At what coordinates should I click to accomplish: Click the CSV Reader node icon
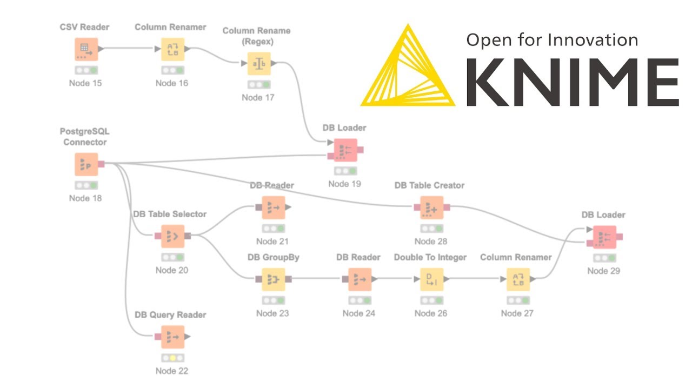(86, 49)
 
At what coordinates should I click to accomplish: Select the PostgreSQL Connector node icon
(86, 164)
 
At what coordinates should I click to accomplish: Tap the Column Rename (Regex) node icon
(259, 64)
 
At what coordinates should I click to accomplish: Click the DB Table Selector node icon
(172, 236)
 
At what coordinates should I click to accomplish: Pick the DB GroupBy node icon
(274, 279)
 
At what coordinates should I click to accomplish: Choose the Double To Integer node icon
(431, 279)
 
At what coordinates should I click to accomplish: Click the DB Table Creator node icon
(431, 207)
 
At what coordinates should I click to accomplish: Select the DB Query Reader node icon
(172, 337)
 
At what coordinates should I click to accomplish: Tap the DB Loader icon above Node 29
(604, 237)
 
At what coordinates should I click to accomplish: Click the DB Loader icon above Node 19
(345, 150)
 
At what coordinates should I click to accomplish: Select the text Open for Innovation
(552, 39)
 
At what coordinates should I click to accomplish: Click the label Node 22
(172, 371)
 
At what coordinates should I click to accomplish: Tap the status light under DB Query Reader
(172, 358)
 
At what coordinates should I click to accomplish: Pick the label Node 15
(85, 83)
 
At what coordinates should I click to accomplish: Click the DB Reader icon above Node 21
(274, 207)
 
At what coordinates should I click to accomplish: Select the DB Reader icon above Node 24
(356, 279)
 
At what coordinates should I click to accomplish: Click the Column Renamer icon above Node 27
(518, 279)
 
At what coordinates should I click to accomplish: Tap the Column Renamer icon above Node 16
(172, 49)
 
